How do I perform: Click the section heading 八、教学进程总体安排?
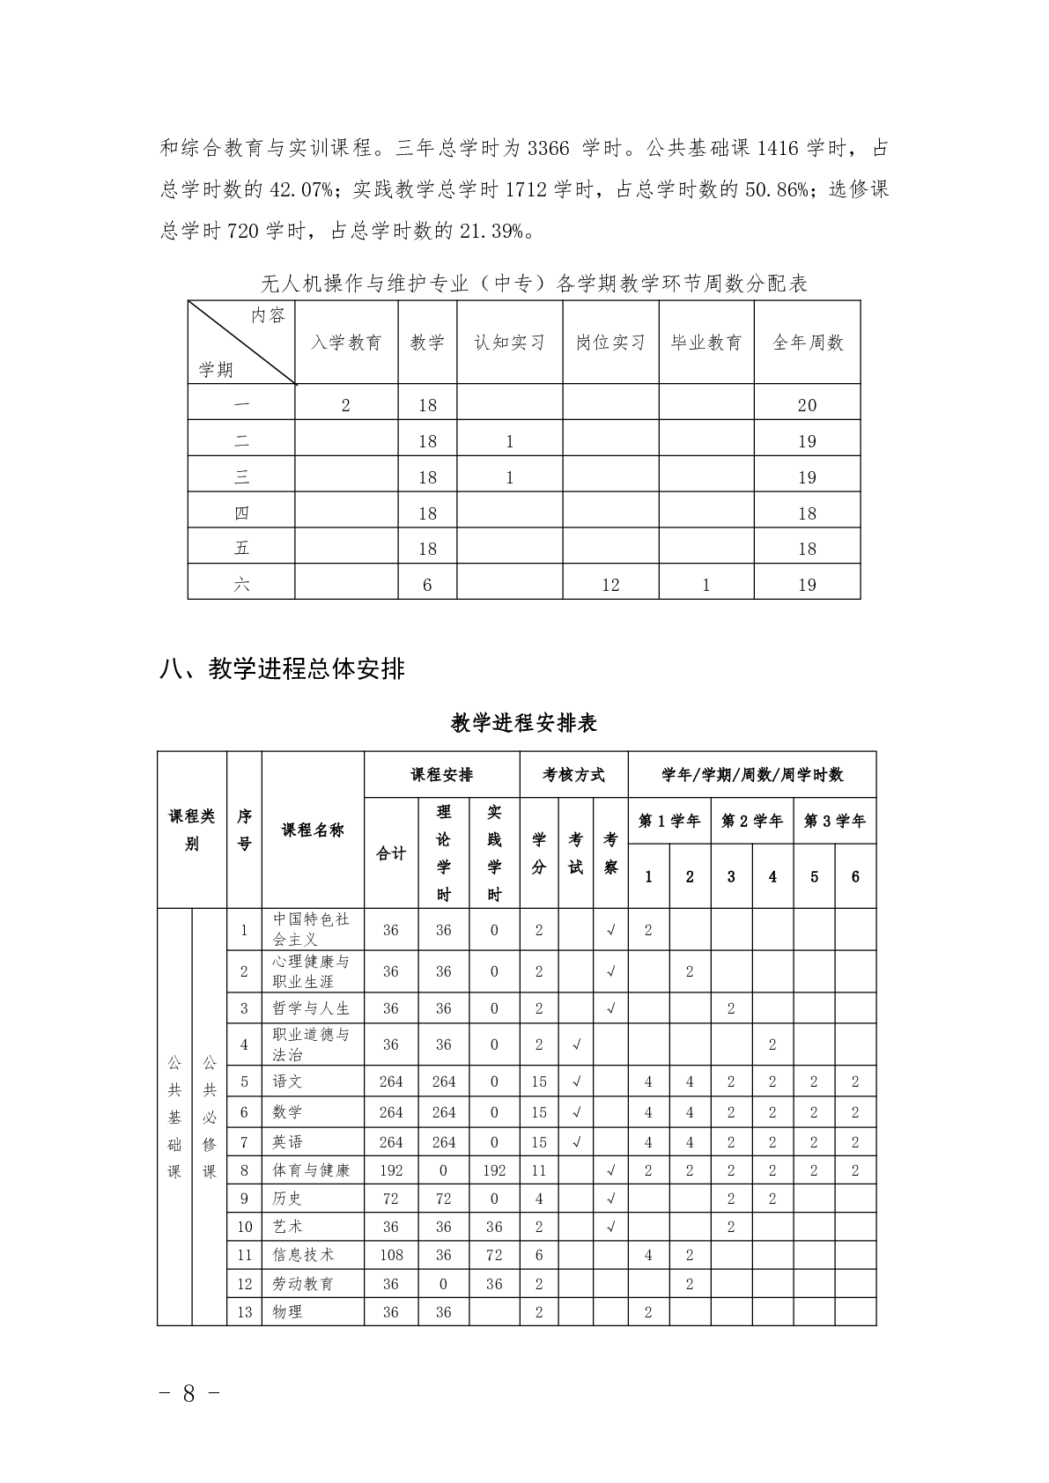pyautogui.click(x=283, y=669)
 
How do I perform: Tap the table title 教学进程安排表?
pyautogui.click(x=524, y=723)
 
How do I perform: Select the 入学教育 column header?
pyautogui.click(x=346, y=343)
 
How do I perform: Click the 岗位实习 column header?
pyautogui.click(x=610, y=343)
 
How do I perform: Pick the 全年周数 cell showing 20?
pyautogui.click(x=807, y=405)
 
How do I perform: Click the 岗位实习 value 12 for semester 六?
pyautogui.click(x=610, y=585)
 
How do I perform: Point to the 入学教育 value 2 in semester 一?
pyautogui.click(x=346, y=405)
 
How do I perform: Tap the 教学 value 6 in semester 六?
pyautogui.click(x=427, y=585)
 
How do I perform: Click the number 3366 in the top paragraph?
pyautogui.click(x=550, y=148)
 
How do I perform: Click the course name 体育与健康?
pyautogui.click(x=311, y=1170)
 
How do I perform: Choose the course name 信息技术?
pyautogui.click(x=304, y=1255)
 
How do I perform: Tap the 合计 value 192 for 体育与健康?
pyautogui.click(x=391, y=1170)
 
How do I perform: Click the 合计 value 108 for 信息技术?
pyautogui.click(x=391, y=1255)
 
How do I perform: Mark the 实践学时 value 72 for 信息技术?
pyautogui.click(x=494, y=1255)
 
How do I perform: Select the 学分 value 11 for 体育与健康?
pyautogui.click(x=539, y=1170)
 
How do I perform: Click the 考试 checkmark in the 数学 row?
pyautogui.click(x=576, y=1112)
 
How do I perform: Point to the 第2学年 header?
pyautogui.click(x=751, y=821)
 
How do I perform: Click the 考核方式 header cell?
pyautogui.click(x=574, y=775)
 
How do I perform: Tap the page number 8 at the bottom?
pyautogui.click(x=188, y=1393)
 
